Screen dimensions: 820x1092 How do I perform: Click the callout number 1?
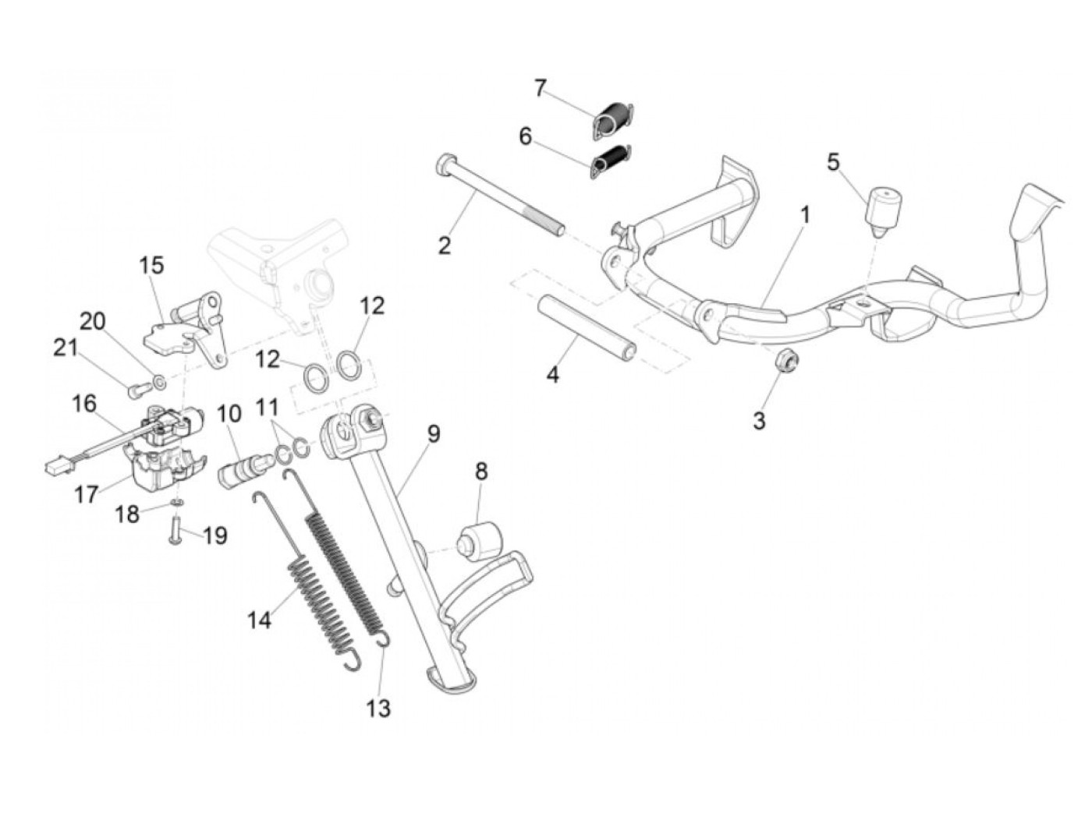pyautogui.click(x=804, y=214)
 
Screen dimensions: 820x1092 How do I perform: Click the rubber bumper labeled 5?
pyautogui.click(x=884, y=207)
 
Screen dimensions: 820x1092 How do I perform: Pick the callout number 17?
pyautogui.click(x=86, y=493)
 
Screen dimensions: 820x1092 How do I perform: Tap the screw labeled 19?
pyautogui.click(x=175, y=535)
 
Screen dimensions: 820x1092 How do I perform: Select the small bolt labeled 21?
pyautogui.click(x=136, y=384)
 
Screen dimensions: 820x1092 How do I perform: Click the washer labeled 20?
pyautogui.click(x=160, y=382)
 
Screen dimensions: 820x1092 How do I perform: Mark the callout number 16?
pyautogui.click(x=84, y=404)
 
